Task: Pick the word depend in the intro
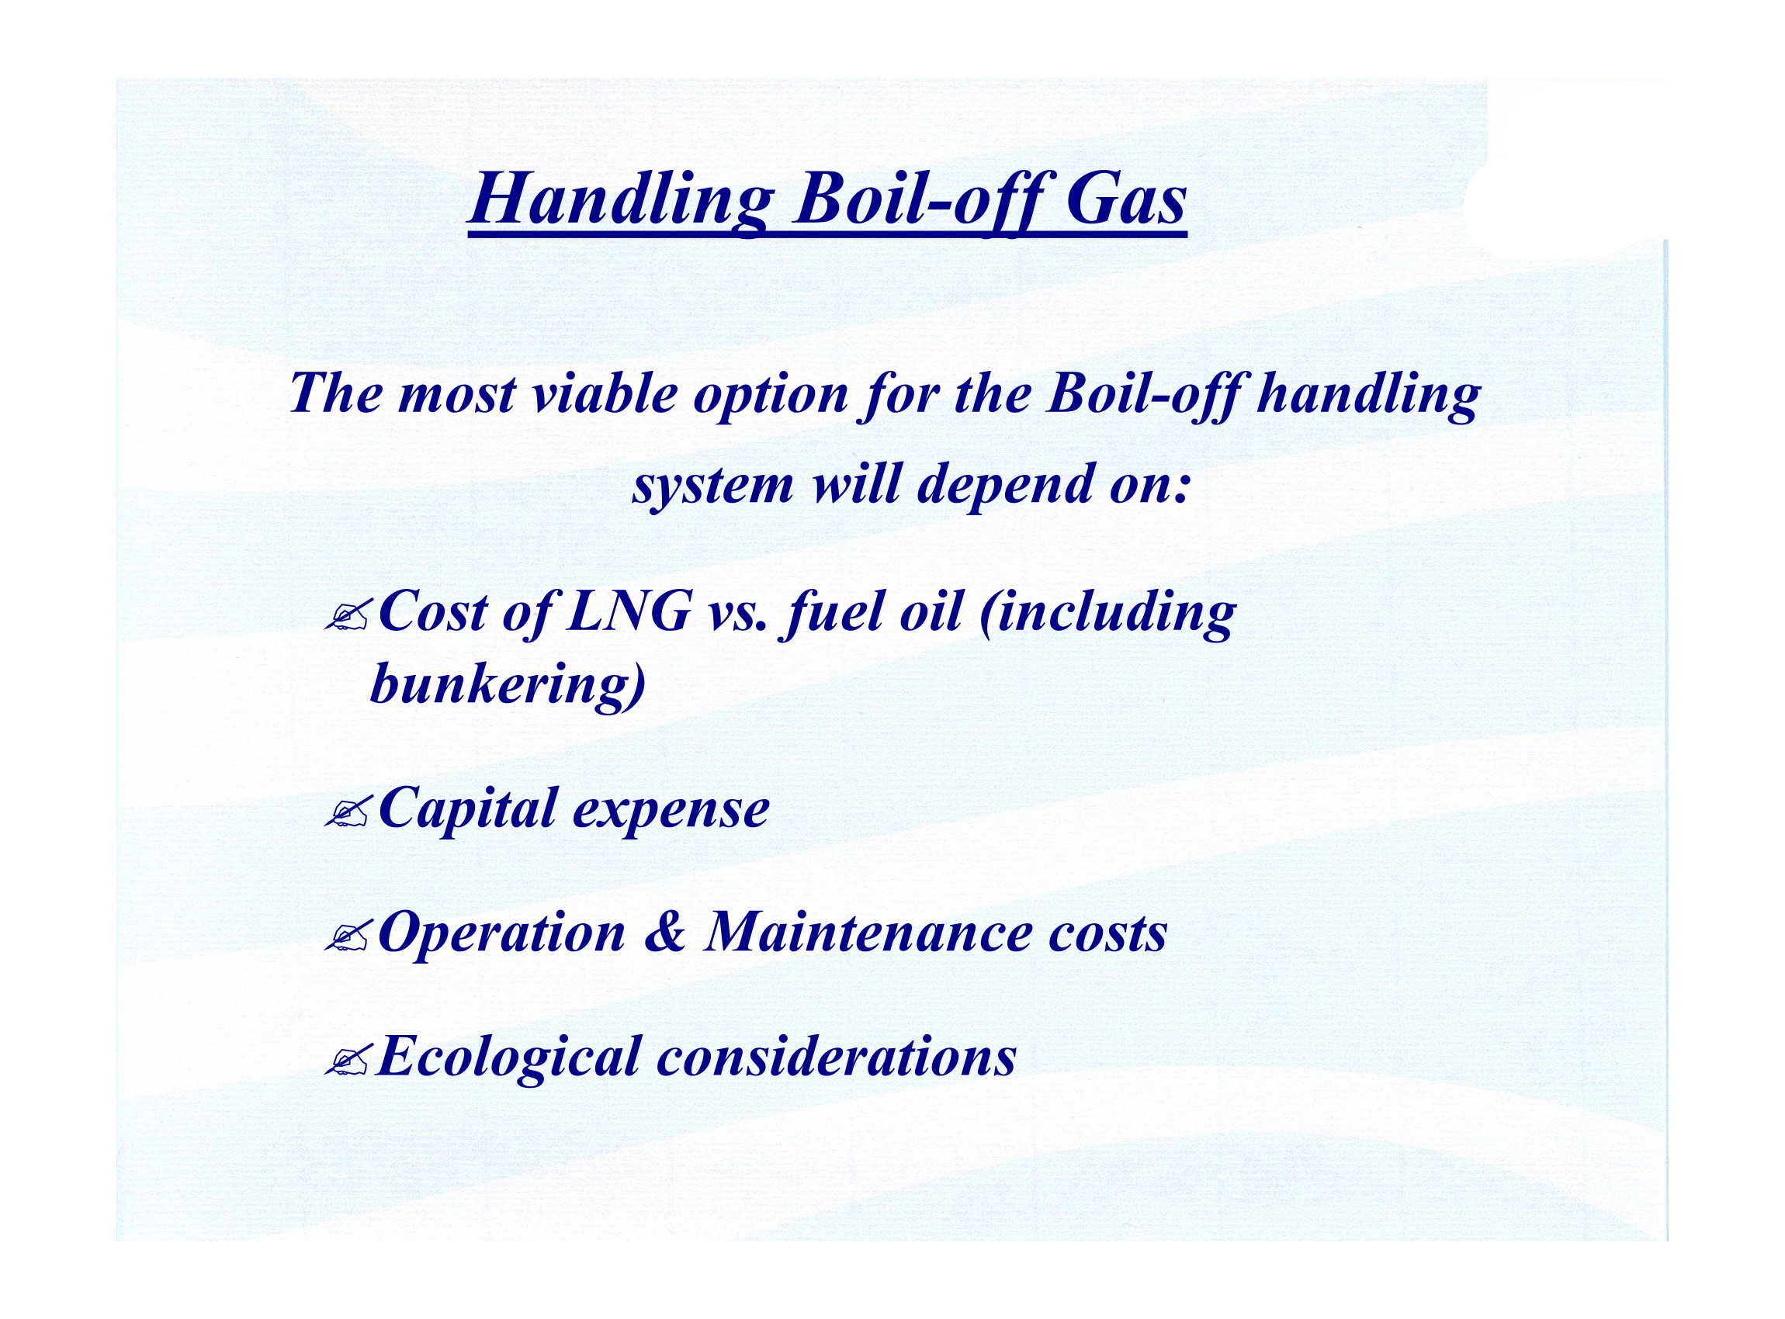[1004, 486]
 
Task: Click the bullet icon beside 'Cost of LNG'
[347, 616]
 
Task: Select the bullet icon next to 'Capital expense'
[347, 813]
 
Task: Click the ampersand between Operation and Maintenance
[664, 932]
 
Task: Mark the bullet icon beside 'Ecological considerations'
[347, 1061]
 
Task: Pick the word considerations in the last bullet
[836, 1056]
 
